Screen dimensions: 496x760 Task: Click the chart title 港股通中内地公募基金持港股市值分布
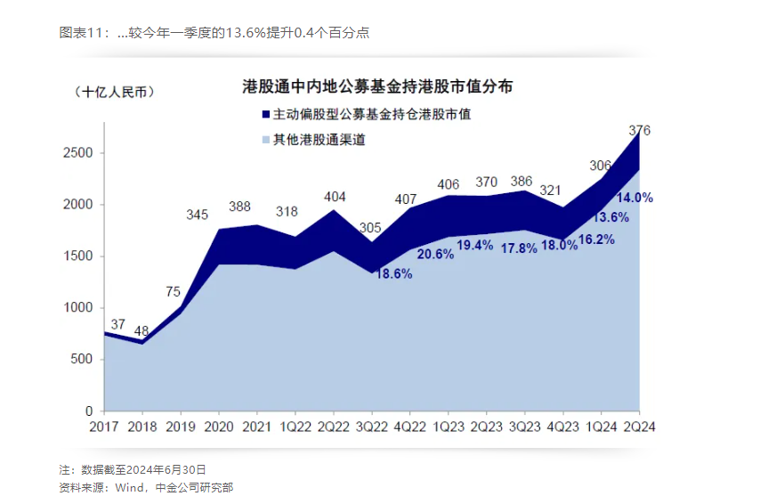point(377,87)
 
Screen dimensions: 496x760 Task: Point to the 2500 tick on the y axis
point(77,153)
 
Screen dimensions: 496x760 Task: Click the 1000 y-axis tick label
point(77,308)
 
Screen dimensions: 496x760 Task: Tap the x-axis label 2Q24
point(639,427)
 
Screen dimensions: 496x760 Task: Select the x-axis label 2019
point(181,427)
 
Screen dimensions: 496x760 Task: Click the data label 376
point(639,131)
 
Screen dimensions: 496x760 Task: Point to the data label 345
point(198,215)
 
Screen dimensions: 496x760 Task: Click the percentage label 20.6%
point(434,254)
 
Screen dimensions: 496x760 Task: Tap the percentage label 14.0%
point(636,198)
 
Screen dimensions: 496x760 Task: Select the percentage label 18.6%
point(392,274)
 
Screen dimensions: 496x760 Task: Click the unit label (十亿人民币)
point(113,92)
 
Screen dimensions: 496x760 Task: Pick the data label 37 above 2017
point(118,324)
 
